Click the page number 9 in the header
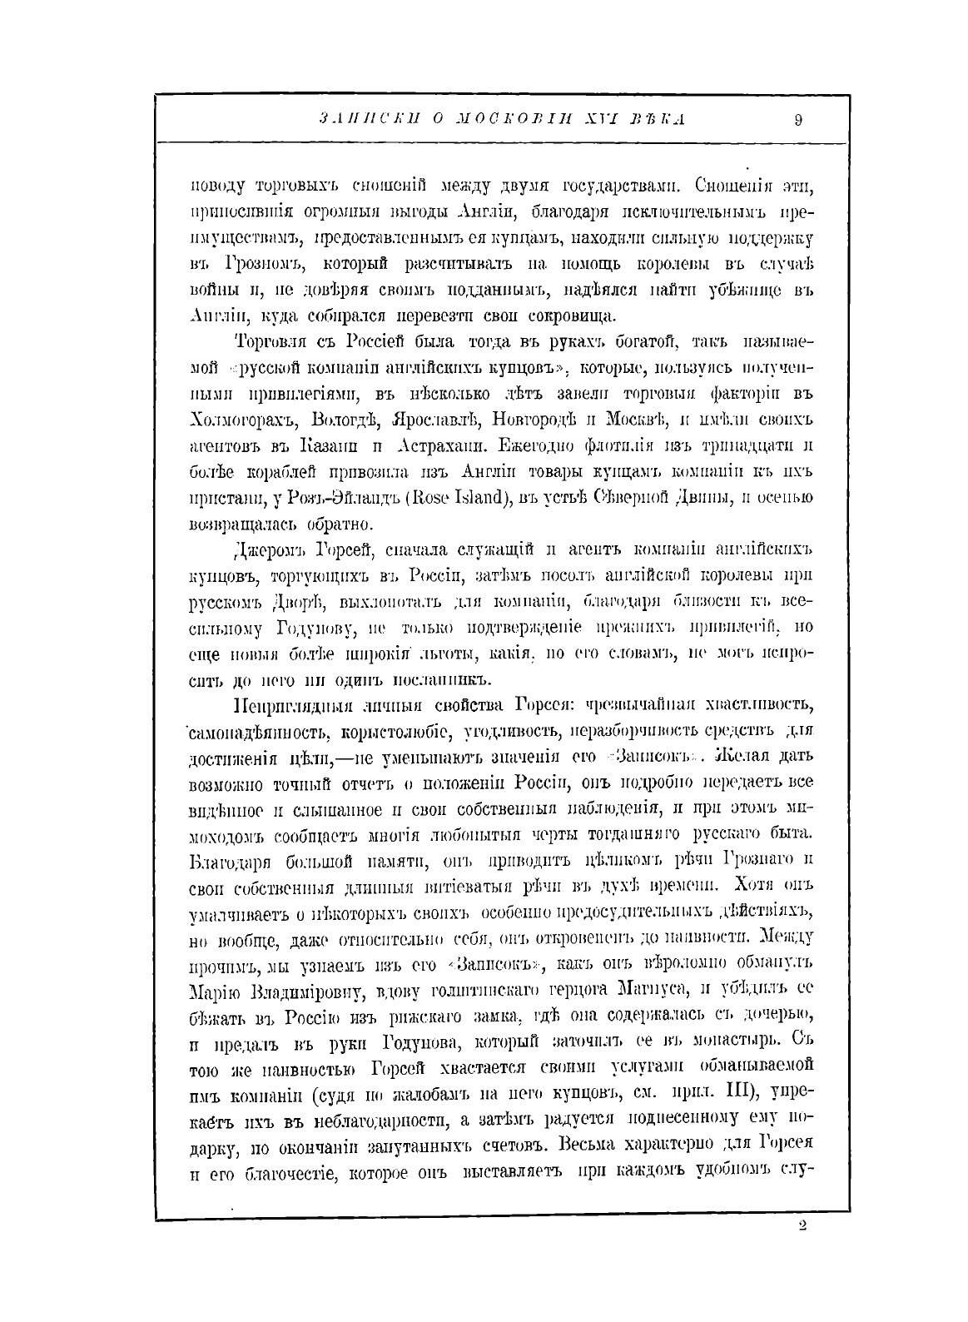pyautogui.click(x=797, y=120)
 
